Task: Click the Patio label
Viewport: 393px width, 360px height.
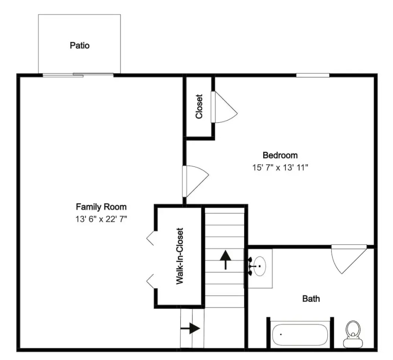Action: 80,45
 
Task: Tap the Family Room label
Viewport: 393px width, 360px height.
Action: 101,207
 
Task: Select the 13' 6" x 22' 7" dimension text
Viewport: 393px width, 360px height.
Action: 101,219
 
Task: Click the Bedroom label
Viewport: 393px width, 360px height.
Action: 280,155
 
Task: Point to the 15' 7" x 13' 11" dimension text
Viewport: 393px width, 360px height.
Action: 280,167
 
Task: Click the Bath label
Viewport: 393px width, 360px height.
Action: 311,299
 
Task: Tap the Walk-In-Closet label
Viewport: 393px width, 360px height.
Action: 180,256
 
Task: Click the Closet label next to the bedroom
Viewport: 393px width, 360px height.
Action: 199,106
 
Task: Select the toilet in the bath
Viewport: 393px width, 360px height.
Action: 353,334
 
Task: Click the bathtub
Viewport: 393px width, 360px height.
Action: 300,335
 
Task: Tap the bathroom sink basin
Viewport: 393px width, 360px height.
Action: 260,266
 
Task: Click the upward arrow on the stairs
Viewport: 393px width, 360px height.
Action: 226,260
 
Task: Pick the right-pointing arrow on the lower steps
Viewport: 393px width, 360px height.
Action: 190,329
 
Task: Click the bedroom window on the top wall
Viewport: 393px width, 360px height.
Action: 313,75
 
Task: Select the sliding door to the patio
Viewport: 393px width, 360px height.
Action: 78,75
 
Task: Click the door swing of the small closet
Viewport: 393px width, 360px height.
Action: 224,107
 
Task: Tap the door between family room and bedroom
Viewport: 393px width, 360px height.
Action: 195,181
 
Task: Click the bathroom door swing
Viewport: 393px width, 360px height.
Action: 349,259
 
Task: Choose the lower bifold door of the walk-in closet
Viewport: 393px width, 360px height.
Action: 150,281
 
